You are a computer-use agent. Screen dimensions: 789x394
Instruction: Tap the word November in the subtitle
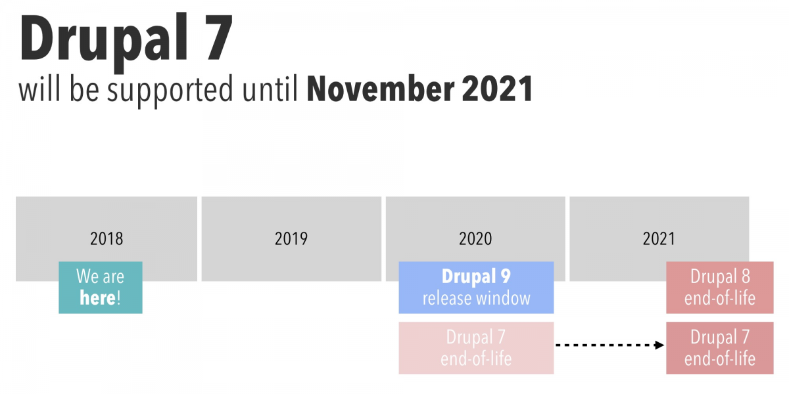pos(381,89)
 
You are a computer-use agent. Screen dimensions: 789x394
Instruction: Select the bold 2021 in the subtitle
pos(497,89)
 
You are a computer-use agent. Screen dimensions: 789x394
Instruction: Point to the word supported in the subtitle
pos(170,91)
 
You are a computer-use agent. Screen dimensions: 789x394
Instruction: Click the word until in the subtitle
pos(270,88)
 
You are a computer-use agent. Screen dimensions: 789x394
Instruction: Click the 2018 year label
pos(107,239)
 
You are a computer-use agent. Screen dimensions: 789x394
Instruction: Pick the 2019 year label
pos(291,239)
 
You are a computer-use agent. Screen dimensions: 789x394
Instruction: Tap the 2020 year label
pos(475,239)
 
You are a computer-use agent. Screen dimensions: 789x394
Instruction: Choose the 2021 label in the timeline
pos(659,239)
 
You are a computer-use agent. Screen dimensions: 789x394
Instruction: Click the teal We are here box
pos(101,288)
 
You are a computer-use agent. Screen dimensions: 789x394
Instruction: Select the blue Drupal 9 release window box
pos(476,288)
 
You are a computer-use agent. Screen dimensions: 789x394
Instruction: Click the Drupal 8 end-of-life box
pos(719,288)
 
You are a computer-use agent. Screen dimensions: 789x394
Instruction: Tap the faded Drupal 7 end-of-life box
pos(476,348)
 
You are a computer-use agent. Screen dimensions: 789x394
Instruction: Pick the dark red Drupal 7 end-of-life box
pos(719,348)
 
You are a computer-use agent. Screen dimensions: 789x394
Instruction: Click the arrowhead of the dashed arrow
pos(659,345)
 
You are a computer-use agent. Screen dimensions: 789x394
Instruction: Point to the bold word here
pos(97,298)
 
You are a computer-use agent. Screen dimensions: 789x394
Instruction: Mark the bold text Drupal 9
pos(476,276)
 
